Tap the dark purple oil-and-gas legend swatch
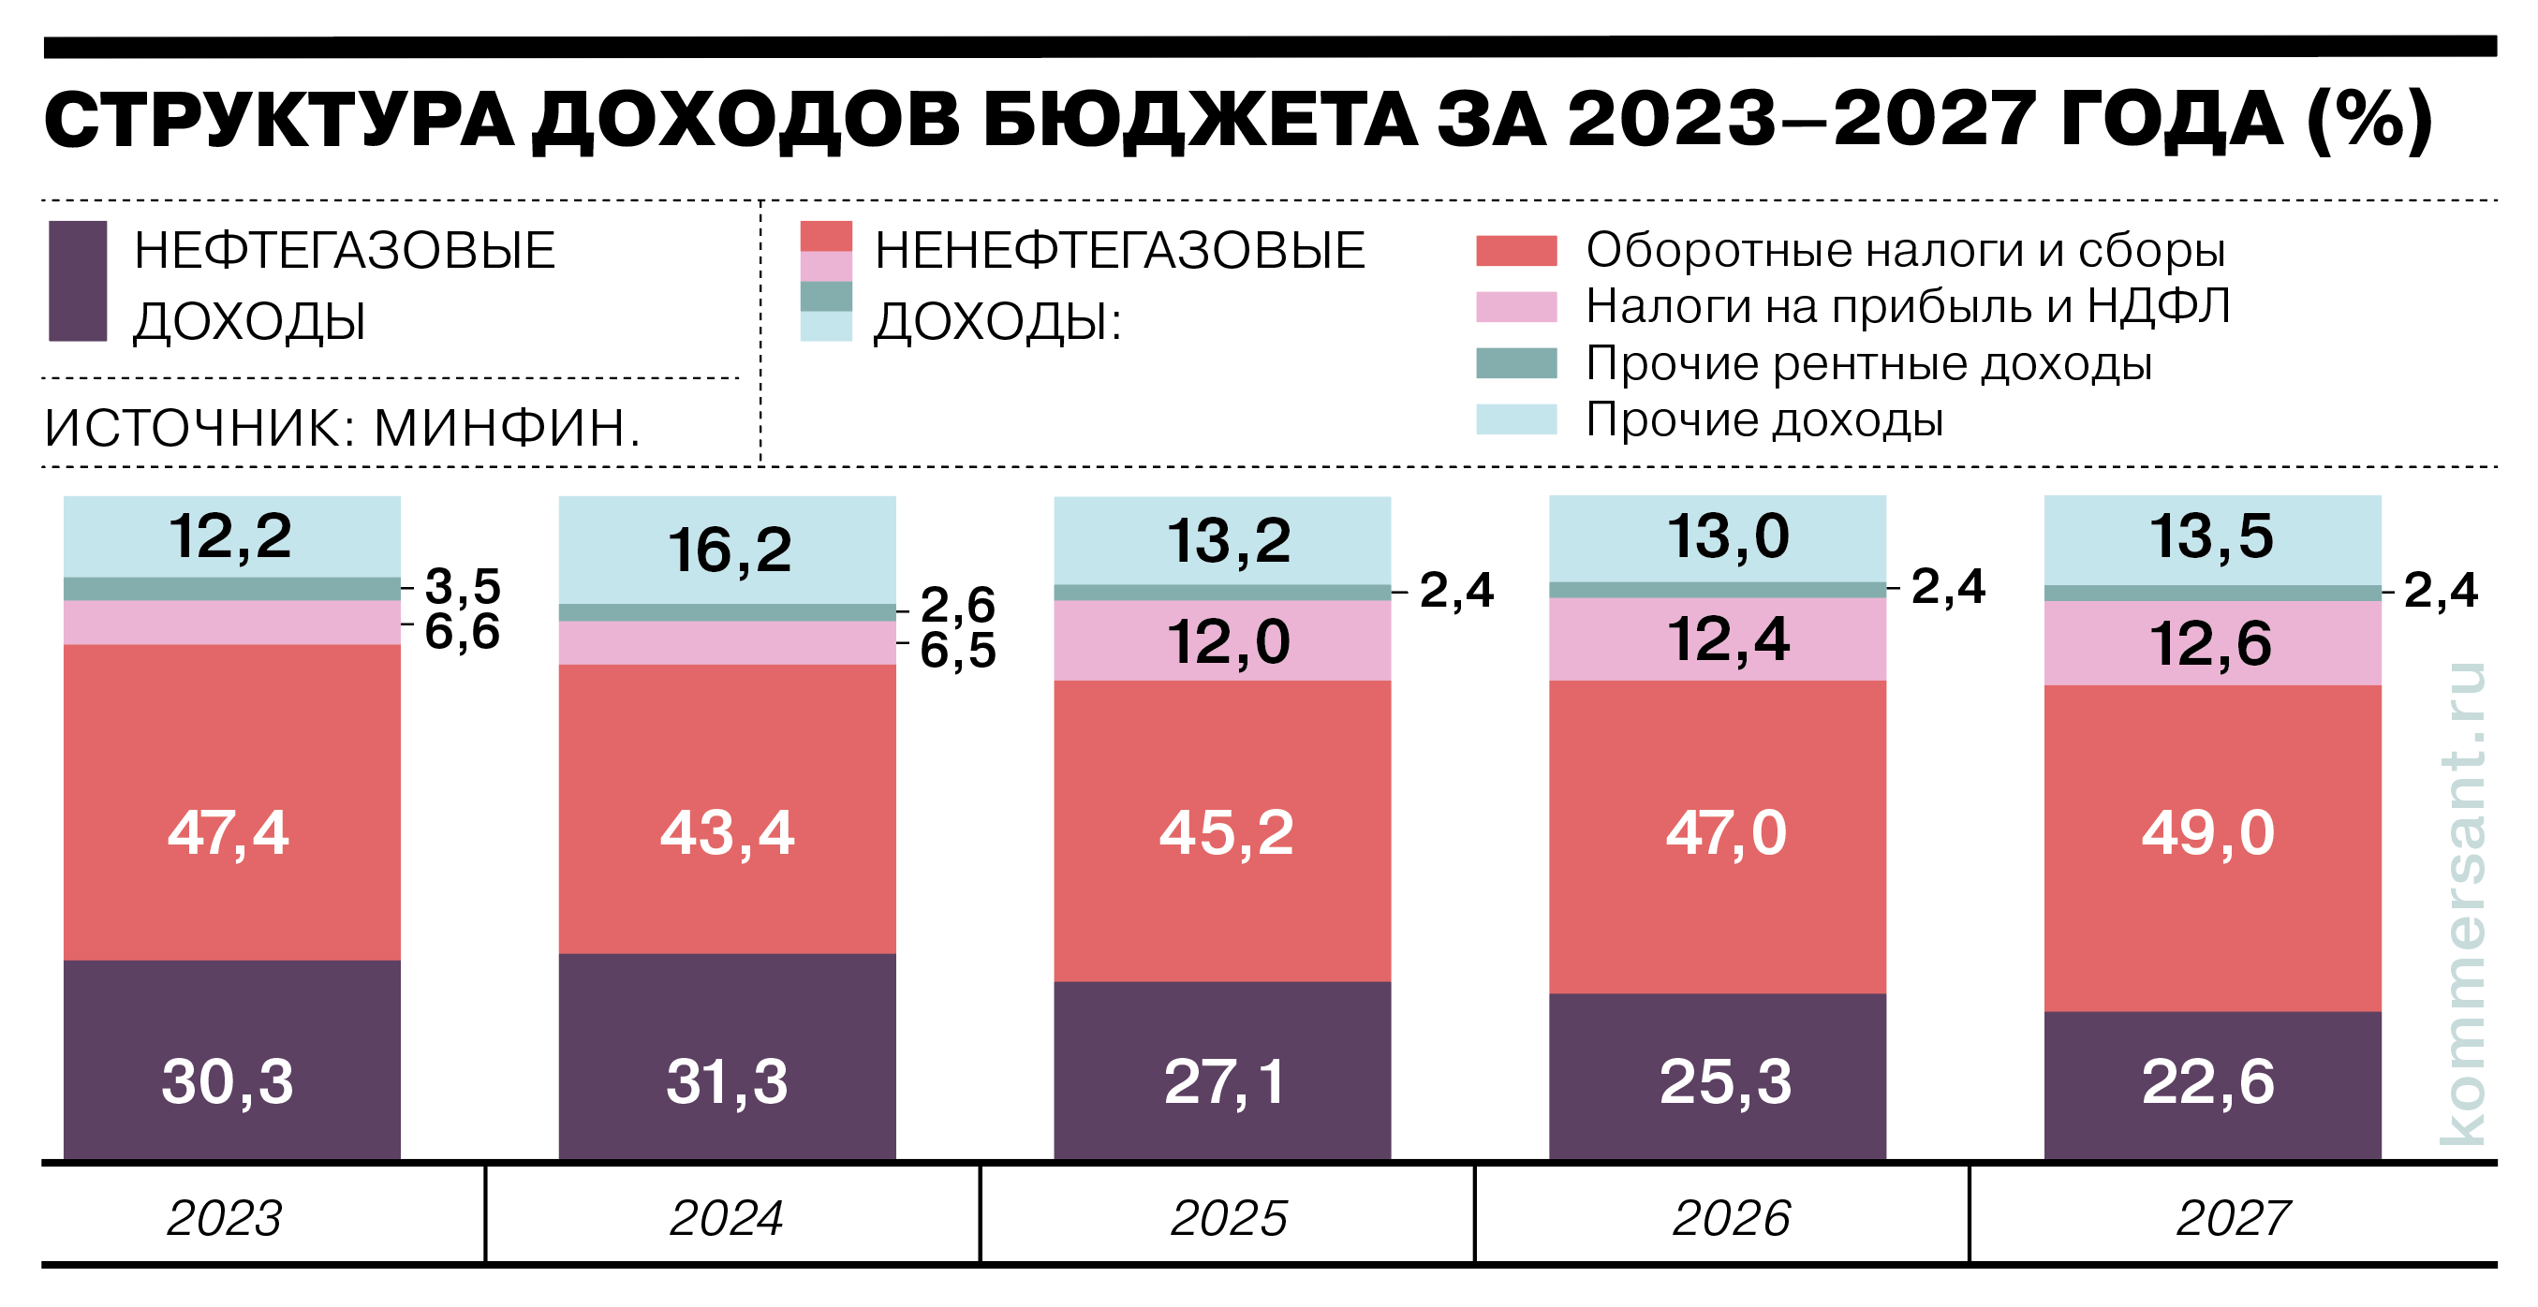78,281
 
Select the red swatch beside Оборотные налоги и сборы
1515,250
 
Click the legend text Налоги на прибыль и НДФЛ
1907,306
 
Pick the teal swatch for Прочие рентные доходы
1515,362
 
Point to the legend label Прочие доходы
1763,419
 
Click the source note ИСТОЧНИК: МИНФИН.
343,428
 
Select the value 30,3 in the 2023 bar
228,1081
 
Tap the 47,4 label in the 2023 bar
228,833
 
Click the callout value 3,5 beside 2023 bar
462,586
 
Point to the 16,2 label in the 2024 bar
729,550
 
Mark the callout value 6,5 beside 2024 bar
957,650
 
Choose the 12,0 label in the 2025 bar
1228,642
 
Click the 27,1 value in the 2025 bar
1225,1081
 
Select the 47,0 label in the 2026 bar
1725,833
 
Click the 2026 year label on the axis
1730,1218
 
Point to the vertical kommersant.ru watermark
2462,902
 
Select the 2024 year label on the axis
726,1218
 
